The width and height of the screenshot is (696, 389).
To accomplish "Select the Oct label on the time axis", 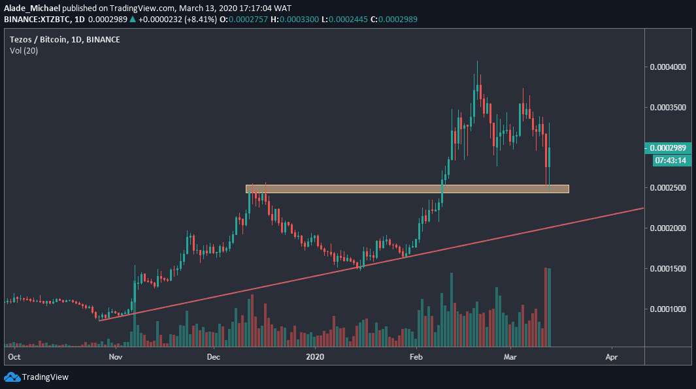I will point(14,357).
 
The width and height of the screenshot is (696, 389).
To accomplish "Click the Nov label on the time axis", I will point(116,357).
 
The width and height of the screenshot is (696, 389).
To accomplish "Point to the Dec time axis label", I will point(213,357).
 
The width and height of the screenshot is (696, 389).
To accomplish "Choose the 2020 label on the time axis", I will point(315,357).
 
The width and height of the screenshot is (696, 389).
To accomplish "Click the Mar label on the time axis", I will point(510,357).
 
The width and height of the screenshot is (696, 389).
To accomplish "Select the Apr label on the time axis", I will point(612,357).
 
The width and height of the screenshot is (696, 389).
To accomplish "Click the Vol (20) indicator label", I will point(24,51).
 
